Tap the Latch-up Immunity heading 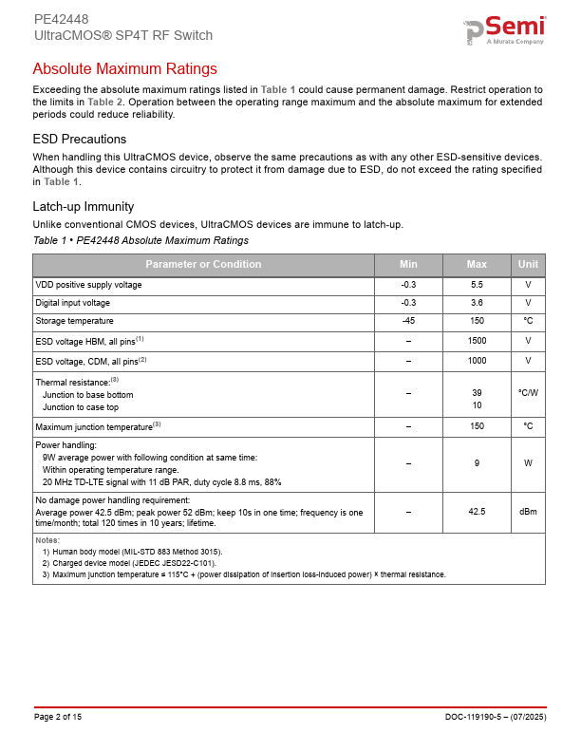tap(84, 206)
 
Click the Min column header tap(408, 264)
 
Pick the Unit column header tap(528, 264)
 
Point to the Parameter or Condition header tap(203, 264)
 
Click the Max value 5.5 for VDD tap(478, 285)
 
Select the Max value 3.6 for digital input tap(478, 303)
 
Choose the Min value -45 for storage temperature tap(408, 321)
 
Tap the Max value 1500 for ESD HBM tap(478, 340)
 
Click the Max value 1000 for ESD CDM tap(478, 361)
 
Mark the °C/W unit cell tap(528, 392)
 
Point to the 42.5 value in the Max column tap(478, 512)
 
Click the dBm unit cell tap(528, 512)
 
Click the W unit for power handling tap(528, 463)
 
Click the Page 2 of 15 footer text tap(58, 716)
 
